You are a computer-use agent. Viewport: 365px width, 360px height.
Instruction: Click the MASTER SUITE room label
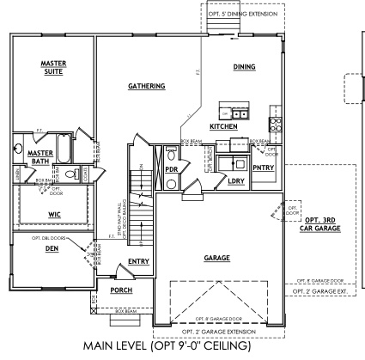54,68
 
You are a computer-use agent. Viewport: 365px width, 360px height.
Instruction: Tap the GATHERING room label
146,86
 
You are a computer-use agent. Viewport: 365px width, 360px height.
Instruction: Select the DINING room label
246,66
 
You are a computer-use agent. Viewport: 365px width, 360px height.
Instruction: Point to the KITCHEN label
223,126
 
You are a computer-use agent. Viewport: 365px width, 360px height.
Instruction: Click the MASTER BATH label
40,156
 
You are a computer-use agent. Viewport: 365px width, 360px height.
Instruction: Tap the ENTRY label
138,260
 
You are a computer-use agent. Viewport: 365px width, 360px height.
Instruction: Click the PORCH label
121,291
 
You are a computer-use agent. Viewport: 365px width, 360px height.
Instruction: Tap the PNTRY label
263,168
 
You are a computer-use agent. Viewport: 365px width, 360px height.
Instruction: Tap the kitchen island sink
235,113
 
